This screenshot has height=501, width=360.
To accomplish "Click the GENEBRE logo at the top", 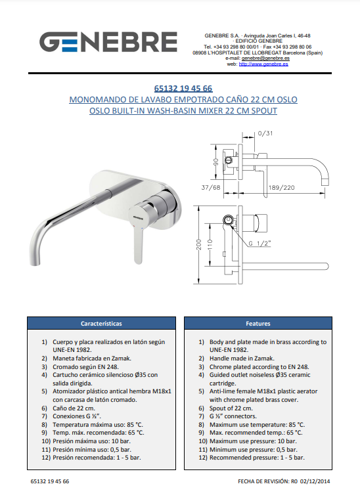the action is tap(108, 41).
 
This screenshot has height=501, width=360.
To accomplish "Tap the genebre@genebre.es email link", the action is tap(265, 58).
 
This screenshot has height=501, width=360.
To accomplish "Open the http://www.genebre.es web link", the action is tap(263, 64).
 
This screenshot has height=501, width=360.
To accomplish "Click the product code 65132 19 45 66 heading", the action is tap(183, 89).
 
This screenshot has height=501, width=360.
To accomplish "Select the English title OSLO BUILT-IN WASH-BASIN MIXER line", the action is tap(183, 111).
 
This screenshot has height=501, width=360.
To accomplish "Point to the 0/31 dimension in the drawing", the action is tap(265, 133).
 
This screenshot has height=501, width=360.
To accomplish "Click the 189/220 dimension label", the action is tap(281, 188).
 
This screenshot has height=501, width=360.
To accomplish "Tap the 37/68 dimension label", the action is tap(211, 188).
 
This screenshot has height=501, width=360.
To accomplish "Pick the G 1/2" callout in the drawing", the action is tap(259, 244).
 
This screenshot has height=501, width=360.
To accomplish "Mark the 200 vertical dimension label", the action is tap(199, 244).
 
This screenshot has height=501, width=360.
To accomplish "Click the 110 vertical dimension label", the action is tap(210, 244).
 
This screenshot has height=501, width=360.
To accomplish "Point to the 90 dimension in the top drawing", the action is tap(216, 162).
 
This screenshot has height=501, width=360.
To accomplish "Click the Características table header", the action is tap(101, 323).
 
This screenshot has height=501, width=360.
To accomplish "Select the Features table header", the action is tap(258, 323).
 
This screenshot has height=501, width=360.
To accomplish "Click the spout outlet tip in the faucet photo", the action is tap(35, 263).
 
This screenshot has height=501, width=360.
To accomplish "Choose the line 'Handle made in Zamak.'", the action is tap(242, 359).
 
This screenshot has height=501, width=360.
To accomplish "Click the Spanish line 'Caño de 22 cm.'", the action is tap(74, 408).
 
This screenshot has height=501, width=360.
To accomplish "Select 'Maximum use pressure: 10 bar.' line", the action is tap(253, 441).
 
